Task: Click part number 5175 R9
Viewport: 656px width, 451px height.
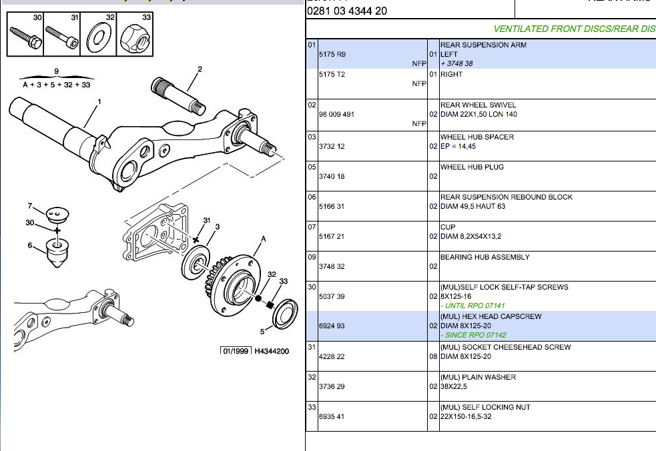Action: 332,54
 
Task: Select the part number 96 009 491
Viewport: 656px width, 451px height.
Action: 337,114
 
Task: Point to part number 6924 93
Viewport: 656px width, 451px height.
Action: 332,326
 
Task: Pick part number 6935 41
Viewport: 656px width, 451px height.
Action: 332,416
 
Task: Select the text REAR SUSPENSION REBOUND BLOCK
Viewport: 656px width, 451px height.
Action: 506,197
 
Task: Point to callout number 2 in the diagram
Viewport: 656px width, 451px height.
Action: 200,69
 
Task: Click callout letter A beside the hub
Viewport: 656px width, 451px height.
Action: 264,238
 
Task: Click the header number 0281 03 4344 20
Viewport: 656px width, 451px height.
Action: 347,11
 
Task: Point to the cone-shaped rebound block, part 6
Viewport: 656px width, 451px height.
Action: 58,252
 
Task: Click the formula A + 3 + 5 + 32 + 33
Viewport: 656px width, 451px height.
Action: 56,85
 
